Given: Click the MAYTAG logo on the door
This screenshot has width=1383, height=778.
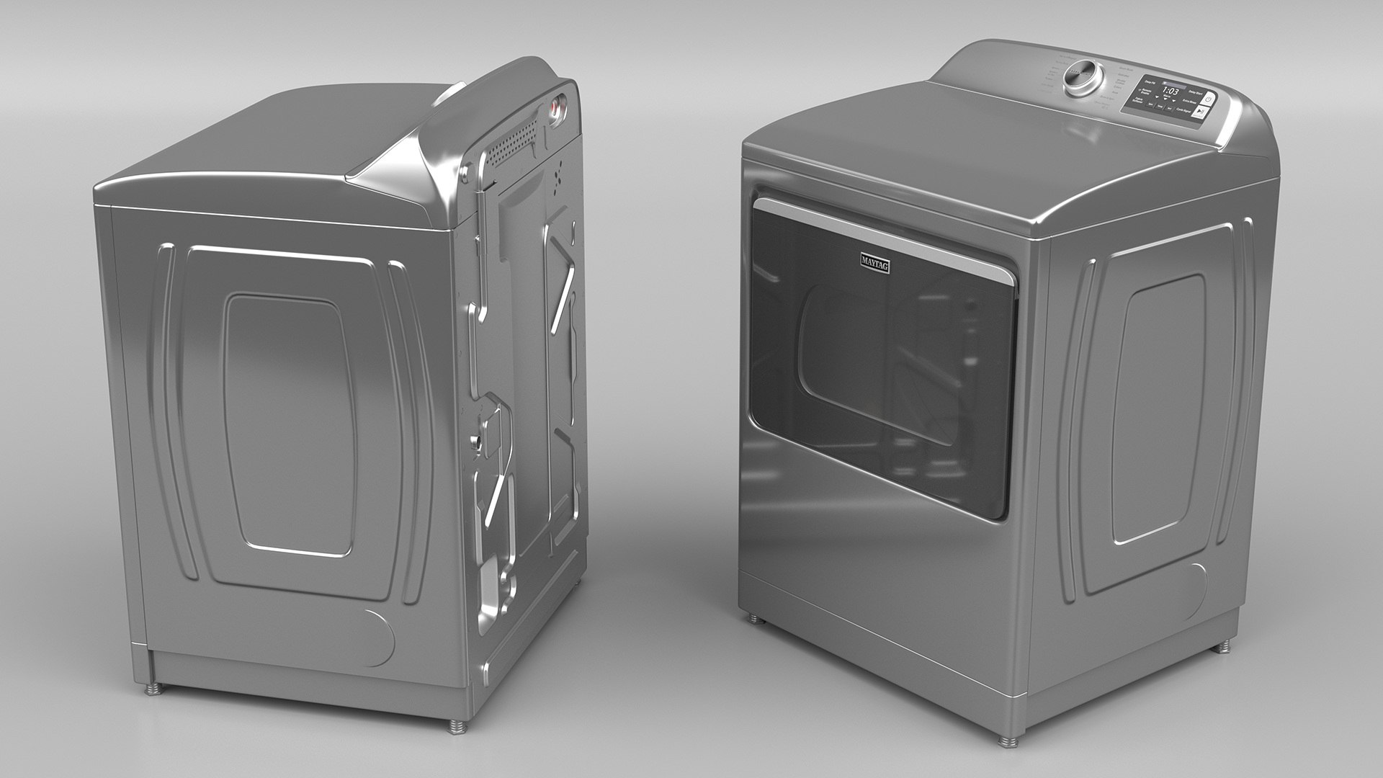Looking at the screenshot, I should tap(874, 263).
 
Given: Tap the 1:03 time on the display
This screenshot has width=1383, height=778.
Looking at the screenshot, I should tap(1171, 91).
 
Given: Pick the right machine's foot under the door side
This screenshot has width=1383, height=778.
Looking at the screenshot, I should tap(753, 617).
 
